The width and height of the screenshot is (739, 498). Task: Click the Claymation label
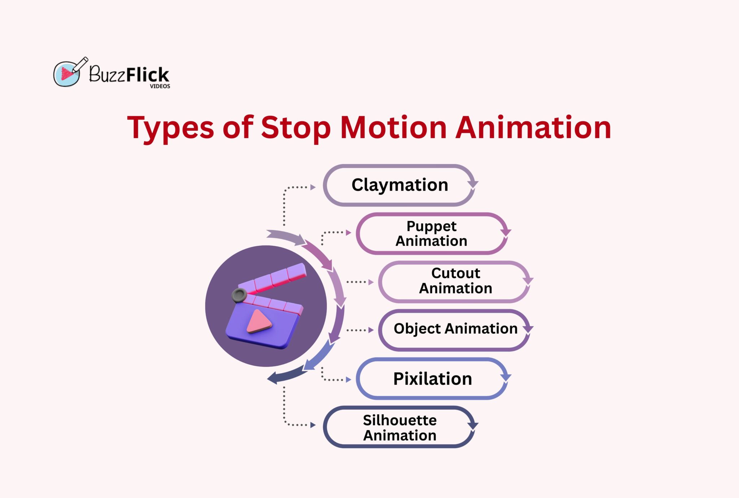399,185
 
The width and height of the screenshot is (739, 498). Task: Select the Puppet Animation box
431,234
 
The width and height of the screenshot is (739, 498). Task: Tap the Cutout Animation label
455,281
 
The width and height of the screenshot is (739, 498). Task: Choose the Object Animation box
455,329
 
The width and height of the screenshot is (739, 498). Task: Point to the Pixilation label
432,379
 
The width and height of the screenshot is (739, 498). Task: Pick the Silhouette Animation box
399,427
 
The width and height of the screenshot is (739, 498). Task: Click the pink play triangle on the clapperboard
258,321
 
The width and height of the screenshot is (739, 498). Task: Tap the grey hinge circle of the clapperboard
239,295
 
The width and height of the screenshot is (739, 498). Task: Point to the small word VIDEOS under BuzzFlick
160,86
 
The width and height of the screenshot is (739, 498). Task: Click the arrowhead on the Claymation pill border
472,184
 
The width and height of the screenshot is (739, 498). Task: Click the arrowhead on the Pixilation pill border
506,377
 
